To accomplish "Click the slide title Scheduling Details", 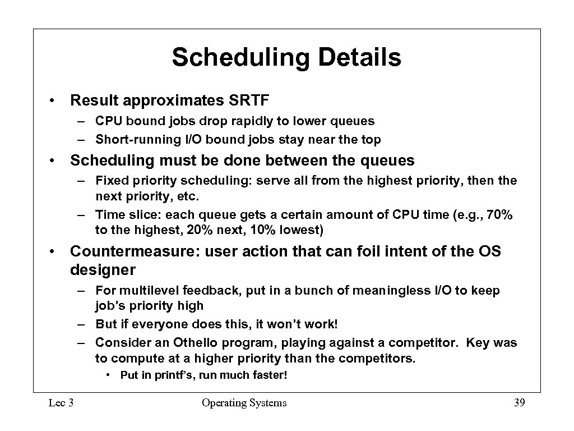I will tap(286, 58).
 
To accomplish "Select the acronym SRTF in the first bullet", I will tap(249, 100).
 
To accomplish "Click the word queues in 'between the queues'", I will tap(387, 161).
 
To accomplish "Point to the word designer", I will tap(103, 270).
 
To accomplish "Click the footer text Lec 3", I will tap(62, 402).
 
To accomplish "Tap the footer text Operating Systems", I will tap(244, 402).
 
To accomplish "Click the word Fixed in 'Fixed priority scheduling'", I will tap(111, 181).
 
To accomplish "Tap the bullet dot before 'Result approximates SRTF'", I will tap(51, 101).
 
